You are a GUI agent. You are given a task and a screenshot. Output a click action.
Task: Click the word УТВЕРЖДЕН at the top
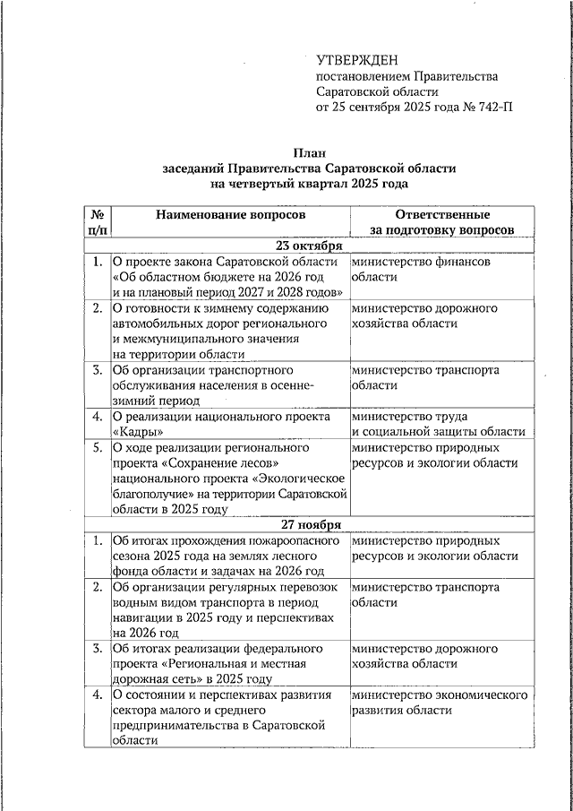tap(357, 60)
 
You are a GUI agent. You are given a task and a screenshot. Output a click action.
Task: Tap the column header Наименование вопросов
tap(230, 215)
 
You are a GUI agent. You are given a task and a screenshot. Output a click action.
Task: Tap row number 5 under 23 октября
tap(97, 447)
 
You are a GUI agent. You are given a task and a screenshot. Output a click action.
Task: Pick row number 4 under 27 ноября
tap(97, 695)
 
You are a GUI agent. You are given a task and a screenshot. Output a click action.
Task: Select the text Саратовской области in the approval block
tap(377, 91)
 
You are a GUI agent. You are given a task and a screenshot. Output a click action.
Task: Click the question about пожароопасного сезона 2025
tap(224, 556)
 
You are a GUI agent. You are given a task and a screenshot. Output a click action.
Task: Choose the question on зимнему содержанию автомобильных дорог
tap(224, 331)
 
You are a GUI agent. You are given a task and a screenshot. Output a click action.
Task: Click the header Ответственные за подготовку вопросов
tap(442, 222)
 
